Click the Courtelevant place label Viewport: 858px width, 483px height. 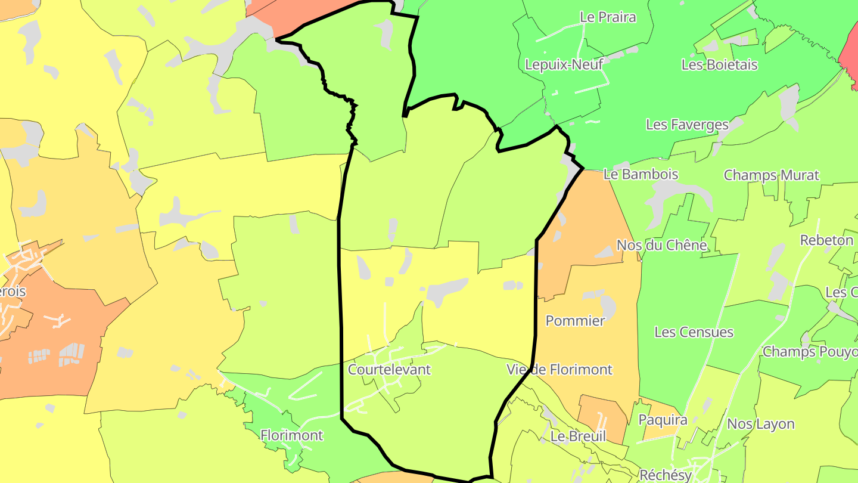coord(389,370)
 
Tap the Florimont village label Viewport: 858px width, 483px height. coord(292,436)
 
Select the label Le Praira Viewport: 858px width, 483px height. coord(608,17)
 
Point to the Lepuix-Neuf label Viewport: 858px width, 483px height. coord(564,64)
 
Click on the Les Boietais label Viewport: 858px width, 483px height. coord(719,64)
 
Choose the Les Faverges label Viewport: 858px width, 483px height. coord(687,125)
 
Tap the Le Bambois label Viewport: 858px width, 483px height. coord(641,175)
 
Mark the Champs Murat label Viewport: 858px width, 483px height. coord(771,175)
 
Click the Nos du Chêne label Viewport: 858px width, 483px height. coord(661,245)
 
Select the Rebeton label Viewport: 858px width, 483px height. coord(826,240)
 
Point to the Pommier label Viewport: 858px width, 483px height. coord(575,321)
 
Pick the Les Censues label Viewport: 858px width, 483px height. coord(694,332)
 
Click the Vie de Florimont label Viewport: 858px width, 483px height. coord(559,370)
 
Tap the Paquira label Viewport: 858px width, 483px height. coord(663,420)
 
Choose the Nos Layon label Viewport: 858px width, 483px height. coord(761,424)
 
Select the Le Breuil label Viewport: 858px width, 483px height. coord(578,436)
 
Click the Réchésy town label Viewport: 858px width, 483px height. coord(665,475)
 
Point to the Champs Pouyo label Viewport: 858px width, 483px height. coord(810,352)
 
